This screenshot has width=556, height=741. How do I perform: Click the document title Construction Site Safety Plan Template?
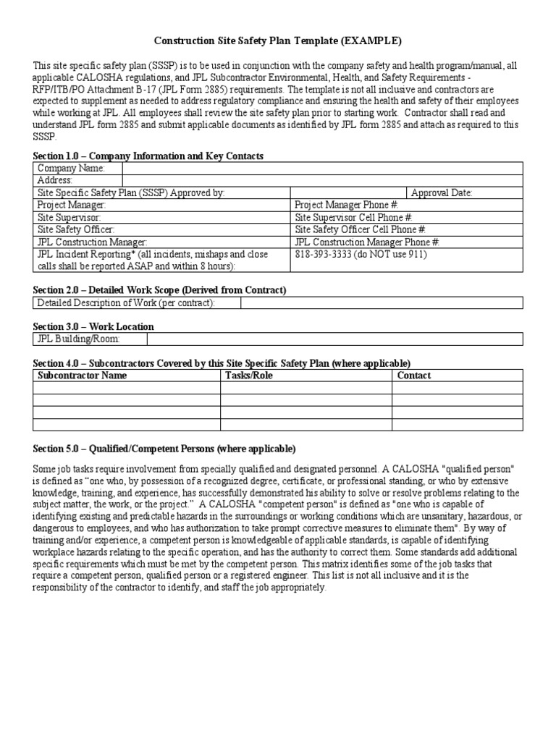277,41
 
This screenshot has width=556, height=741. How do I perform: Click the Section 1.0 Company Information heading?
148,156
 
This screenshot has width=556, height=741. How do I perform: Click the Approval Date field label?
442,192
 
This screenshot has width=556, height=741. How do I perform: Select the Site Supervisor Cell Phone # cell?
354,217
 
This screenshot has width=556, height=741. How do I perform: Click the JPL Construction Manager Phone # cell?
367,242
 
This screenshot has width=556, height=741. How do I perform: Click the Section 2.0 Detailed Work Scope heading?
159,289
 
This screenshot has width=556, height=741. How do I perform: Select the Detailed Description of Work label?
125,302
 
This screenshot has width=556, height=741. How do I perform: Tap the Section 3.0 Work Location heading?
93,326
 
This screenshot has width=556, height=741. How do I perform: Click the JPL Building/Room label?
78,339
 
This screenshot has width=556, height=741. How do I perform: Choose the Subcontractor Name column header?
82,376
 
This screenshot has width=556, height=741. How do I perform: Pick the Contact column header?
414,376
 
